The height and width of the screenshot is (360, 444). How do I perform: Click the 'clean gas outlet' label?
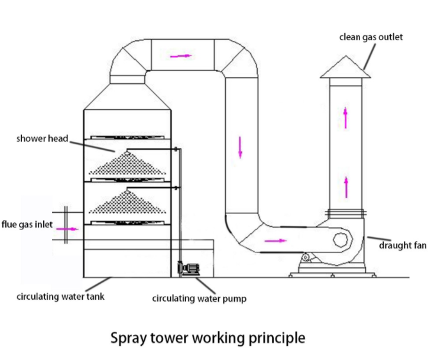click(x=371, y=37)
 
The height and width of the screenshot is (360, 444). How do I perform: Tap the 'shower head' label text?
click(x=42, y=139)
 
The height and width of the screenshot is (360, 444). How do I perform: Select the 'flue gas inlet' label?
click(x=26, y=225)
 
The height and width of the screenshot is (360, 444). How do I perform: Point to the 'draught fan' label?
click(x=403, y=245)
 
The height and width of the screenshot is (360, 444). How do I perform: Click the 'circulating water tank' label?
click(x=60, y=296)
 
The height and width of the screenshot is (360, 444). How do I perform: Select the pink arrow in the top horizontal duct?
click(x=181, y=56)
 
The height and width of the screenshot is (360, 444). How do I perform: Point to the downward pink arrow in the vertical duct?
click(x=240, y=147)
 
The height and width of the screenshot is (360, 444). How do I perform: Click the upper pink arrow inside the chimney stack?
click(x=346, y=117)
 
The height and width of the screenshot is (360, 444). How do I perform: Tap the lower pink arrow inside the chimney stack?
click(x=346, y=187)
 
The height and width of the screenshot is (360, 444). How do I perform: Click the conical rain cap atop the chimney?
click(x=345, y=68)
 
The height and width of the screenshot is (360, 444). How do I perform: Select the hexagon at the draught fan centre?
click(x=341, y=239)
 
